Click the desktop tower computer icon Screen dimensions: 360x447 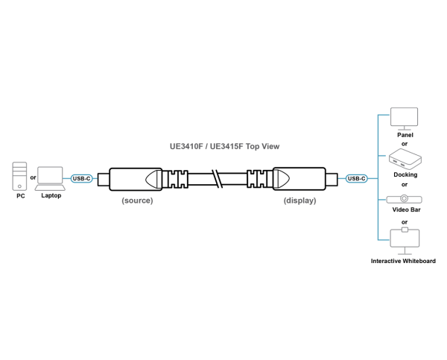tap(19, 176)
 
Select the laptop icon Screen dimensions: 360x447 tap(50, 178)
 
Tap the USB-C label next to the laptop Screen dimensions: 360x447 tap(81, 178)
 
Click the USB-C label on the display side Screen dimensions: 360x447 tap(357, 178)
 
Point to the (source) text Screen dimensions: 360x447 tap(137, 200)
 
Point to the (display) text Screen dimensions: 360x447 tap(299, 200)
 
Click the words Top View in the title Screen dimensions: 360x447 tap(262, 147)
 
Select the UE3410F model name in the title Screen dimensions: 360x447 tap(186, 147)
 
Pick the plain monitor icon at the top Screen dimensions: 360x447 tap(404, 118)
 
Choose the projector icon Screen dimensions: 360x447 tap(405, 158)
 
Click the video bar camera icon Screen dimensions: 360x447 tap(405, 199)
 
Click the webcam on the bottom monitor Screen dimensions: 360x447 tap(405, 229)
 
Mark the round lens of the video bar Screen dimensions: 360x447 tap(405, 199)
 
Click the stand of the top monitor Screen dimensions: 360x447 tap(404, 129)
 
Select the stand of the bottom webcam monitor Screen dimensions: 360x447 tap(405, 251)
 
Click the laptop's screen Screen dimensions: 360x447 tap(50, 174)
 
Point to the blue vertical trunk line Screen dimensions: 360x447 tap(378, 178)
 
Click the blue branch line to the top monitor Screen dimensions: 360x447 tap(384, 115)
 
